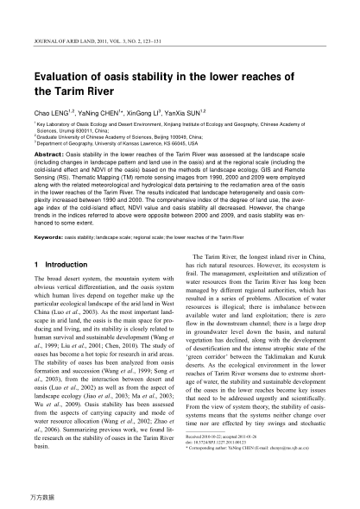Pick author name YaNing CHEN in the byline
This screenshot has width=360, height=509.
[x=99, y=112]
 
